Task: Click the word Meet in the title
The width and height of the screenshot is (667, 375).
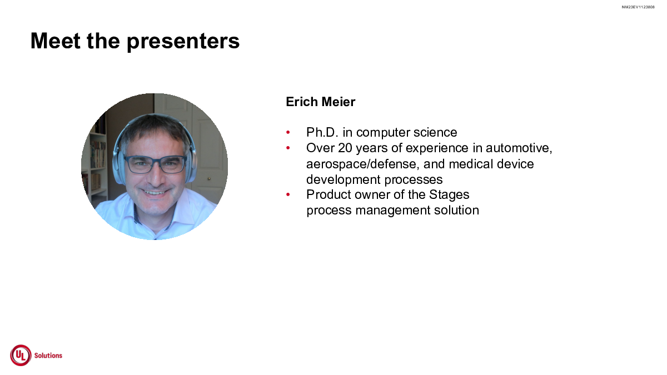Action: [x=56, y=41]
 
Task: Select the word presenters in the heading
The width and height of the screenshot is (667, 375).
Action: [x=183, y=42]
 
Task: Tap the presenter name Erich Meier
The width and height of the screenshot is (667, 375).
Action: [x=320, y=102]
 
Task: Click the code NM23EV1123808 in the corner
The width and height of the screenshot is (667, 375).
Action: [x=638, y=7]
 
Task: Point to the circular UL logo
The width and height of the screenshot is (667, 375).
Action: [x=21, y=356]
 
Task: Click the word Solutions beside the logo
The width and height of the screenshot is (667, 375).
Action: [x=48, y=356]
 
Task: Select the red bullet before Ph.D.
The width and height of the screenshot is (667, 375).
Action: [x=288, y=132]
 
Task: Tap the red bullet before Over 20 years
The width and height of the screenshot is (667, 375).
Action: [x=288, y=148]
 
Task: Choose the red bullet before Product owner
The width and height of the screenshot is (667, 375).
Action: [x=288, y=194]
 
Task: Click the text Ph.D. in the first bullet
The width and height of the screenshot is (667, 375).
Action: [x=322, y=132]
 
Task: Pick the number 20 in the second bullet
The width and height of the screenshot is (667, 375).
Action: [x=345, y=148]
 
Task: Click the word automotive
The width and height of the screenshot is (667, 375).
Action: [x=519, y=148]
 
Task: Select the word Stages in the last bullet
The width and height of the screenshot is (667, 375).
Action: [x=449, y=195]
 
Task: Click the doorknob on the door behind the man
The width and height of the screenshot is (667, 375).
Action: [x=209, y=179]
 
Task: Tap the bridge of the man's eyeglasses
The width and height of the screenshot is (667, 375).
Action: [x=155, y=161]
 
